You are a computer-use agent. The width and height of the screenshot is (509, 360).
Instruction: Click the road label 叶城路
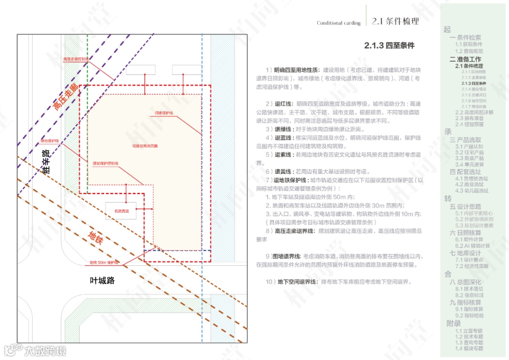click(x=102, y=280)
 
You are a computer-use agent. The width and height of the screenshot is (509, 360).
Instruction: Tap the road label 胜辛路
click(x=46, y=163)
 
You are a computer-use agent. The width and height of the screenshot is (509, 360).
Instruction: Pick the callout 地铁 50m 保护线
click(x=104, y=262)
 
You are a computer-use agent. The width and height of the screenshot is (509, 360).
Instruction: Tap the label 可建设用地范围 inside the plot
click(x=145, y=146)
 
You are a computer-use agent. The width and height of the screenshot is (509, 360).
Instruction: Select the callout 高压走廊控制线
click(x=75, y=59)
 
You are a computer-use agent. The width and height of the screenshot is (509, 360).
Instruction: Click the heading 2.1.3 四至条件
click(x=389, y=46)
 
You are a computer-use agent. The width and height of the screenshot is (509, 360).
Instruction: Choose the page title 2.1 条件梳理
click(x=395, y=21)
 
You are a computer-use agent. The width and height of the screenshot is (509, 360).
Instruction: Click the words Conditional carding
click(x=338, y=23)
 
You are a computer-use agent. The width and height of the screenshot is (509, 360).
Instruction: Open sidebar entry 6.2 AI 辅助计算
click(x=472, y=245)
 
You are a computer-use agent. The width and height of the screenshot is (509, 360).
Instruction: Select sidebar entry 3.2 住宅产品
click(x=469, y=152)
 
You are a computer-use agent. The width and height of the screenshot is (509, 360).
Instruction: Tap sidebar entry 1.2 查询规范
click(x=469, y=51)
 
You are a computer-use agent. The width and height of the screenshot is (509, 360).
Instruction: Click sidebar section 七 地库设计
click(x=465, y=253)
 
